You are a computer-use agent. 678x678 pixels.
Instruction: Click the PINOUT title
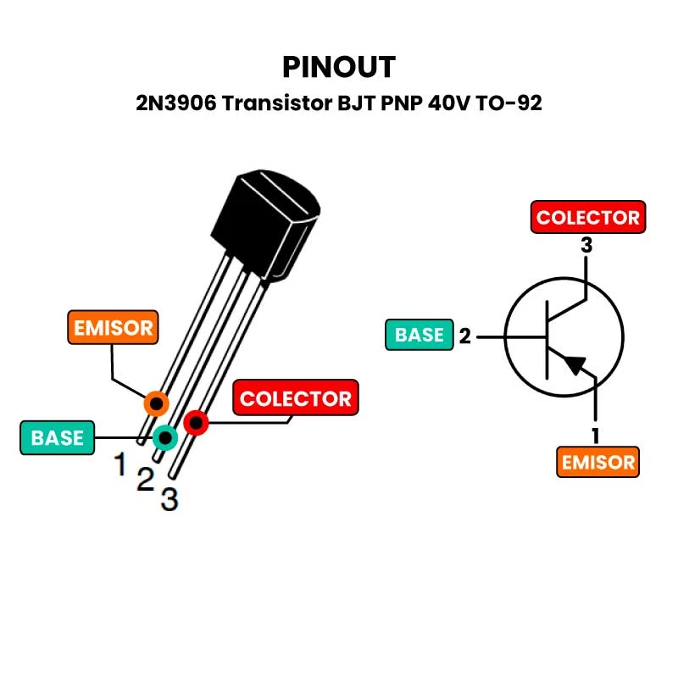tap(339, 67)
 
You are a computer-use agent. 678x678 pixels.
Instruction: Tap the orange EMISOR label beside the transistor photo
tap(113, 327)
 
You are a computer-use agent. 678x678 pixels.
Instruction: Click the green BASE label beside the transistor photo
tap(58, 437)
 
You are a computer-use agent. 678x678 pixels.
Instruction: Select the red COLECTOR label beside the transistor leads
tap(295, 398)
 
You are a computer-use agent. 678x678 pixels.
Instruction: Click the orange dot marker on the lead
tap(156, 403)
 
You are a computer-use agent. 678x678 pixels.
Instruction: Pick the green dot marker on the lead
tap(164, 437)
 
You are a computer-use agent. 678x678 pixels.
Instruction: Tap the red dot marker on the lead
tap(196, 421)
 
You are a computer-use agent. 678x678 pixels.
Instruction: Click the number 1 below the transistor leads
tap(121, 464)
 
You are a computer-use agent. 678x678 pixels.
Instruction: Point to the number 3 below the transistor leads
tap(169, 500)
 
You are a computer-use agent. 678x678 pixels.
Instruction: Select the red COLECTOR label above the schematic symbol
tap(587, 217)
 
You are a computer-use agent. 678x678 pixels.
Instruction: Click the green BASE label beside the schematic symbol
tap(420, 335)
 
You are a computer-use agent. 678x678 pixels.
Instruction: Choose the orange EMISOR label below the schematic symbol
tap(597, 462)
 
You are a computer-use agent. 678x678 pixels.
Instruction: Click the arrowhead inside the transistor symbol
tap(575, 364)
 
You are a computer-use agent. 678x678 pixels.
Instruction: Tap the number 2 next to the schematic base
tap(464, 336)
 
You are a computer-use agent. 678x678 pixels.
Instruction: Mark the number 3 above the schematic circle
tap(586, 246)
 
